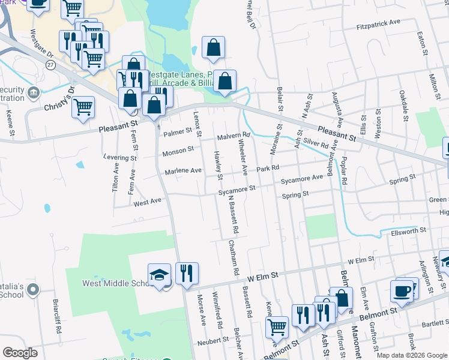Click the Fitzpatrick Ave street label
click(378, 22)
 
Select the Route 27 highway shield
click(50, 64)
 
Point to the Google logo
click(20, 353)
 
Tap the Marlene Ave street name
click(184, 171)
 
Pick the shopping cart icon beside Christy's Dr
click(83, 107)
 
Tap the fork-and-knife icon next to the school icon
click(187, 274)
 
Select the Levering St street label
click(119, 158)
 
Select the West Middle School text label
click(115, 283)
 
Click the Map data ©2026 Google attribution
click(411, 355)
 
